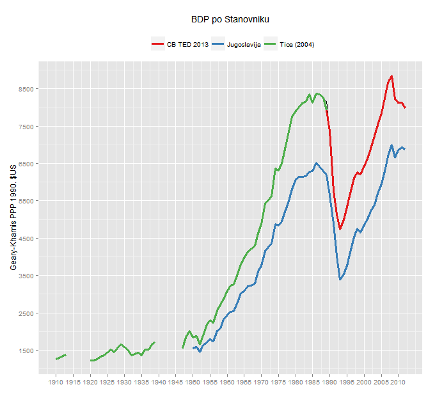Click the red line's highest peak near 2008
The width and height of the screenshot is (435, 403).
tap(391, 76)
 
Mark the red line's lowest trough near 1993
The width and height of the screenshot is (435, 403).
tap(340, 228)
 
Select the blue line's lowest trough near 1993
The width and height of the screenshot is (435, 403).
tap(340, 280)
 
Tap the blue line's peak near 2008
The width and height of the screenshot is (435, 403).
tap(391, 145)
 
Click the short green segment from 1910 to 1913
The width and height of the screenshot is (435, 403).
tap(61, 357)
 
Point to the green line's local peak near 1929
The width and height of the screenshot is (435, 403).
tap(121, 344)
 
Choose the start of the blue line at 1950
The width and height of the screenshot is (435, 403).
tap(193, 347)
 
